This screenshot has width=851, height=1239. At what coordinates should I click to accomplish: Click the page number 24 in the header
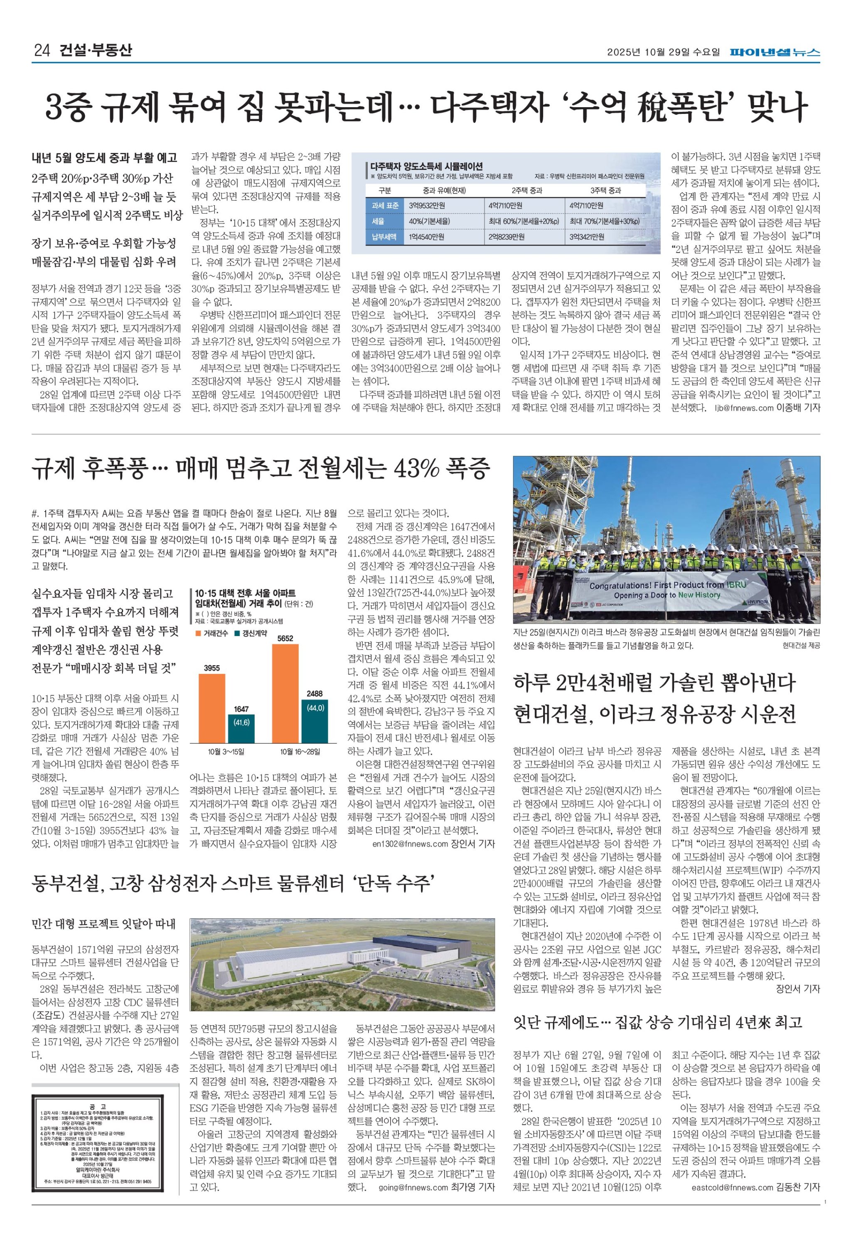[42, 51]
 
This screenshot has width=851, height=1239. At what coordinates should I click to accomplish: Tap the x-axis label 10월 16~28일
[300, 752]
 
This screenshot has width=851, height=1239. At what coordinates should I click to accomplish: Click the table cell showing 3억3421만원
[587, 237]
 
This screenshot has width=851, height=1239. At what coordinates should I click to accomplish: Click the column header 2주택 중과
[526, 190]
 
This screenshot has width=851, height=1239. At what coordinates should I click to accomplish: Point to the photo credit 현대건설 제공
[801, 646]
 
